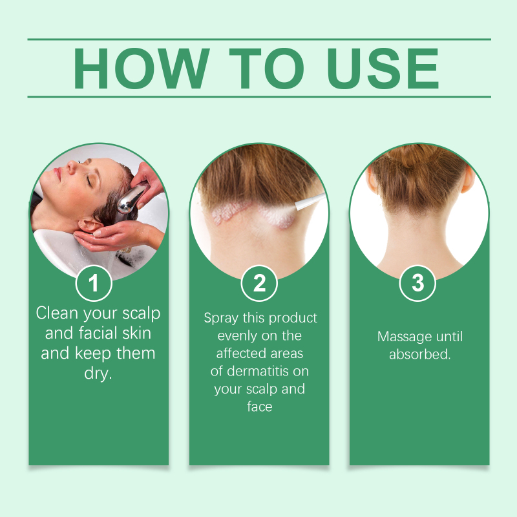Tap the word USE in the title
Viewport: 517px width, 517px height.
click(x=383, y=69)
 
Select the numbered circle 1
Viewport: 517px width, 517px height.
click(x=94, y=283)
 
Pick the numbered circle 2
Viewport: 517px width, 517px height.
click(x=259, y=283)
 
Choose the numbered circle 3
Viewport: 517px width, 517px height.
click(x=417, y=283)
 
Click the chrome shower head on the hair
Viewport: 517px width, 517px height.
click(x=131, y=199)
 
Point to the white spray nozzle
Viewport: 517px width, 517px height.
click(x=310, y=201)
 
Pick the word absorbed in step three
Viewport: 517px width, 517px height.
click(x=419, y=354)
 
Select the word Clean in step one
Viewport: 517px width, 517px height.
click(x=58, y=313)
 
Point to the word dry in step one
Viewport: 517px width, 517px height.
click(x=98, y=374)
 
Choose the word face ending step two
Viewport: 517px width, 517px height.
click(x=260, y=407)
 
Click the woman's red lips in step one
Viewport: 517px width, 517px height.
click(x=58, y=173)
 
